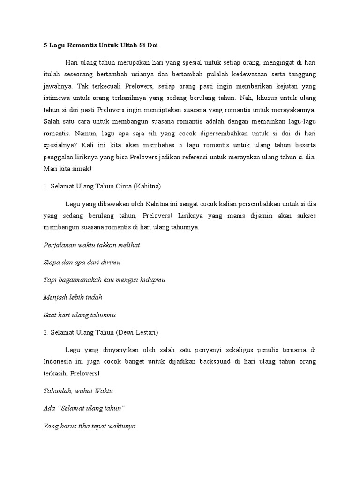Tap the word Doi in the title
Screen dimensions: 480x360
pos(158,46)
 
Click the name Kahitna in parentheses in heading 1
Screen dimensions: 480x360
pos(147,186)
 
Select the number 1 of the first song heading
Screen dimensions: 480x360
pos(45,186)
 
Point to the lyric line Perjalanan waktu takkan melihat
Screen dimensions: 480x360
pos(91,245)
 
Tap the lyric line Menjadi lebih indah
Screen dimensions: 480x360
pos(73,297)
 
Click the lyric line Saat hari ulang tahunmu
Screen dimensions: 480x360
pos(79,314)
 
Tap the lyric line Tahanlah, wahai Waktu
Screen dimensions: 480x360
pos(78,390)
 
